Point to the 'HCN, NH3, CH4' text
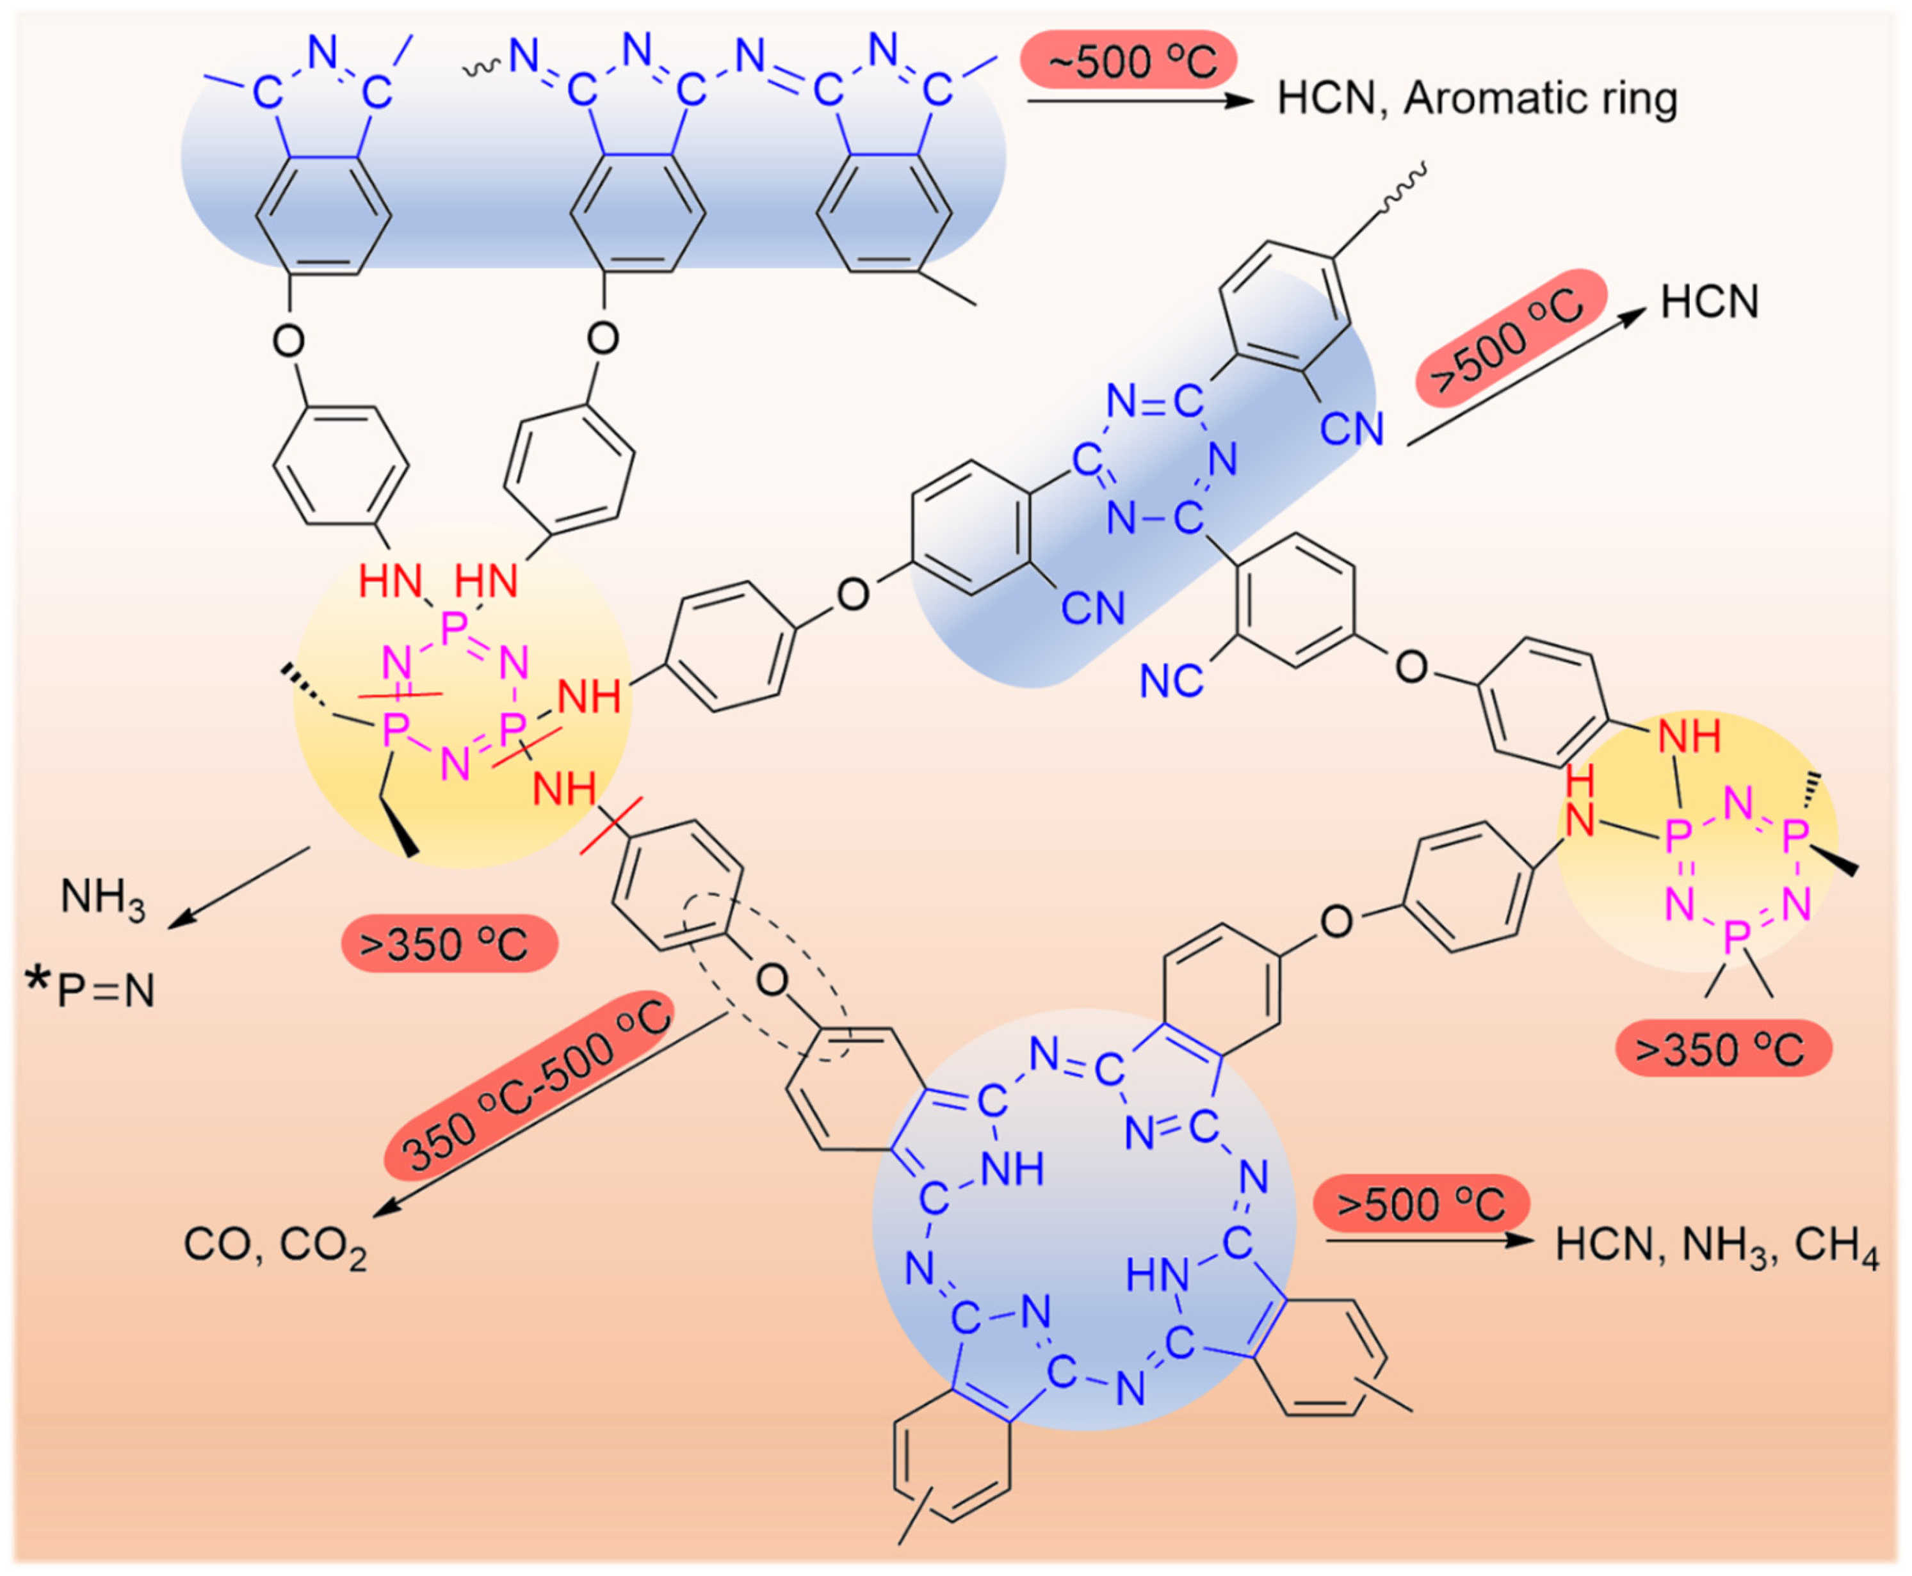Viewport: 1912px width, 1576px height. (1716, 1246)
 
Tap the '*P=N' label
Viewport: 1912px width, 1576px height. (91, 990)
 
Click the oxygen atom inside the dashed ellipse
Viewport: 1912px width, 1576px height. (772, 981)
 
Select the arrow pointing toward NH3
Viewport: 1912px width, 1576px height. (241, 887)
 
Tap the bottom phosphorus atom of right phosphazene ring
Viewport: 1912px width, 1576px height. (1735, 935)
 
